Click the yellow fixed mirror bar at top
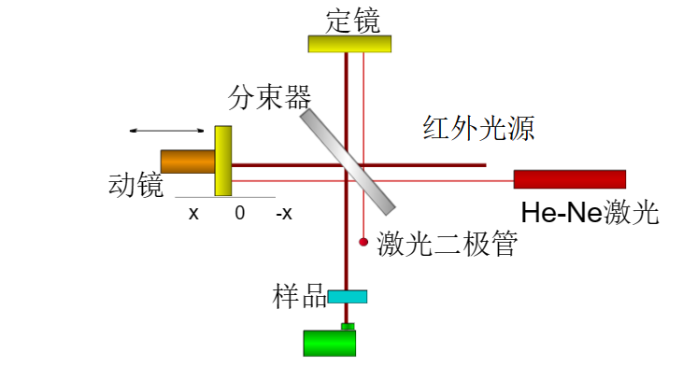point(349,44)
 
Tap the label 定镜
point(352,20)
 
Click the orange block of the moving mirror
point(188,162)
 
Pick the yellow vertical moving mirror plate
point(223,161)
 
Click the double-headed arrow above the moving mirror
point(167,130)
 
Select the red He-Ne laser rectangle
point(569,179)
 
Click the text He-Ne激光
point(590,213)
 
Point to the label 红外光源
point(478,129)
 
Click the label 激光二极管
point(446,245)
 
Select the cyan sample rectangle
point(348,297)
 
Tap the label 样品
point(299,297)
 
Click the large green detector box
point(330,342)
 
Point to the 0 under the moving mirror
point(240,213)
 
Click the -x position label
point(284,213)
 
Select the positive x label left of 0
point(193,213)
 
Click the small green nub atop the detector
point(348,326)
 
